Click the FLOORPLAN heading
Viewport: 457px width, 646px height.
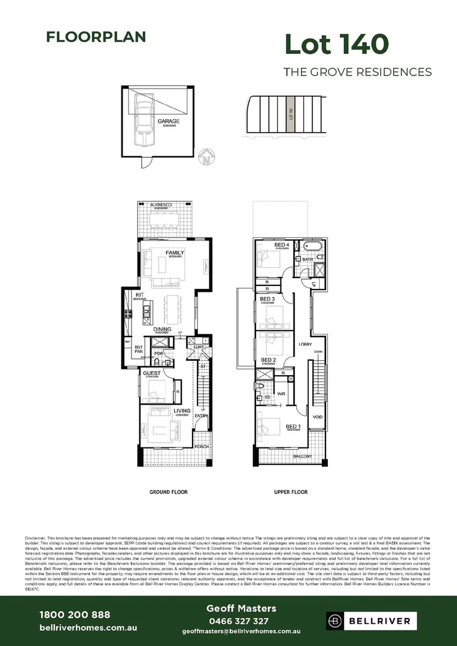pos(96,37)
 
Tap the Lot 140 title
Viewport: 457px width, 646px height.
pos(337,44)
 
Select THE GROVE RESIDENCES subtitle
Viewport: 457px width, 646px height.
pos(357,72)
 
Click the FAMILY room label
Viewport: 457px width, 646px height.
pos(175,252)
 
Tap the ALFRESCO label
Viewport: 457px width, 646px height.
pos(161,205)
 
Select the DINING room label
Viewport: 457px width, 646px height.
pos(162,330)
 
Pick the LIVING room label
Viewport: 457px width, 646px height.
pos(182,411)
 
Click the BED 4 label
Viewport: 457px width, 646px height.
pos(282,245)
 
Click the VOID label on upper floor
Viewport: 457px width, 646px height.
pos(318,417)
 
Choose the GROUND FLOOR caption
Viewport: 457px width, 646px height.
pos(168,492)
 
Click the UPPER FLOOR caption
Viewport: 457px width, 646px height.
pos(291,492)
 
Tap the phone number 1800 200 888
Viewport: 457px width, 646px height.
pos(75,615)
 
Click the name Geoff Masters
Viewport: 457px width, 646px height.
pos(241,608)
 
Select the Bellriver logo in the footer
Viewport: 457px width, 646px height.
pos(368,621)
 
